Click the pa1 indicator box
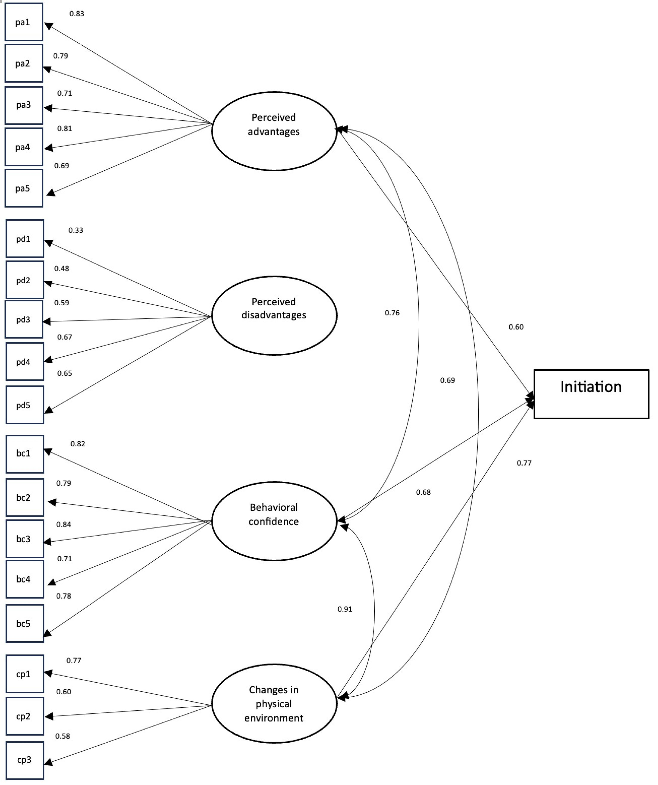pos(24,22)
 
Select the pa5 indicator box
pos(24,188)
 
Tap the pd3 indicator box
pos(24,320)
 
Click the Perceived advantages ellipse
pos(274,131)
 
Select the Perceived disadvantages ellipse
pos(274,315)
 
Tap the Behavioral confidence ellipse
pos(274,521)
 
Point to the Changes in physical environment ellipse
pos(274,704)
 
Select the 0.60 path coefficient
pos(516,327)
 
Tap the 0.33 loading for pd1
pos(75,230)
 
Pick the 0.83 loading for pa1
pos(77,14)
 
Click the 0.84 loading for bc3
pos(64,524)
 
